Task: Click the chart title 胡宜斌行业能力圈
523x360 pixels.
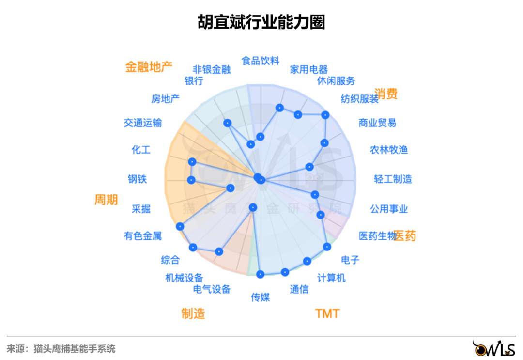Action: point(261,22)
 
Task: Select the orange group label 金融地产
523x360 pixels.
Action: point(149,67)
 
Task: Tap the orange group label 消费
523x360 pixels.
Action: point(386,94)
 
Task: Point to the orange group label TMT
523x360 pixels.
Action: point(327,313)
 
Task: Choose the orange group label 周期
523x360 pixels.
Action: point(106,199)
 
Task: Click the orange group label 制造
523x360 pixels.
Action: point(193,313)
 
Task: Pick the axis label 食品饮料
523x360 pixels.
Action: point(261,61)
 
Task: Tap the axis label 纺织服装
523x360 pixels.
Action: point(359,99)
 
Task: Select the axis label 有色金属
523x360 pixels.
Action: point(143,236)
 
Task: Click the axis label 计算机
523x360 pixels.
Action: point(331,278)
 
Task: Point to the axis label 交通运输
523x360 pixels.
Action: point(143,123)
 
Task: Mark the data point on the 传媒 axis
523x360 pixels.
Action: point(261,274)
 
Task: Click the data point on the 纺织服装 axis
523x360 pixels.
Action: point(325,115)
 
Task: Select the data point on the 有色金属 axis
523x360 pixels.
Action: point(180,226)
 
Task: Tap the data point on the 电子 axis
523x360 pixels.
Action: point(327,247)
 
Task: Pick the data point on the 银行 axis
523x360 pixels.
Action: point(227,123)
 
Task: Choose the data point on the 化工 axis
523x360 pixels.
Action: point(192,162)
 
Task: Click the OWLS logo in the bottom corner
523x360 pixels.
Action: point(494,347)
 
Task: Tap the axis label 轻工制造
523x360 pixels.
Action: point(393,179)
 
